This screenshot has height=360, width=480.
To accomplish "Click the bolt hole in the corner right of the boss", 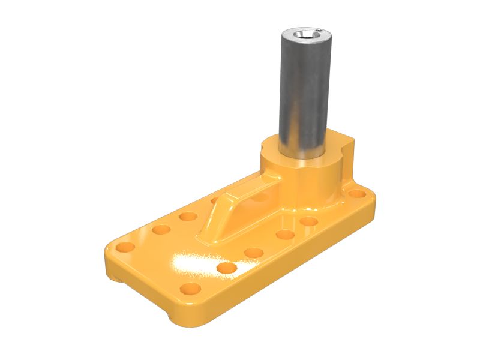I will point(357,194).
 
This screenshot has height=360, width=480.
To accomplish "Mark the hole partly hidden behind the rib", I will point(215,200).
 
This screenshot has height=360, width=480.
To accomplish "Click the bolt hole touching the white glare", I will point(226,268).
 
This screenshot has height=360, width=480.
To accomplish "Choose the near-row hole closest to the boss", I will point(308,221).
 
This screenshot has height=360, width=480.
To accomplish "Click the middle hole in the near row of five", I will point(254,253).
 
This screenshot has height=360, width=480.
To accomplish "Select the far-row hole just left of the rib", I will point(188,216).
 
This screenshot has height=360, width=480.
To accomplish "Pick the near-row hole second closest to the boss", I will point(284,235).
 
